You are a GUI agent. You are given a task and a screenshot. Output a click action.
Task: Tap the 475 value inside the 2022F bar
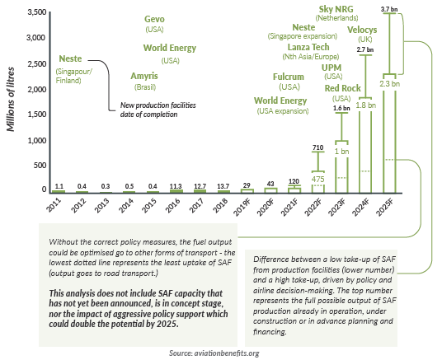(x=317, y=178)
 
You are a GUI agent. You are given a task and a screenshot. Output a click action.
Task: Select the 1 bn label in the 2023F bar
(x=341, y=129)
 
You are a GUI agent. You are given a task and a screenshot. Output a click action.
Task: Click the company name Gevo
(x=154, y=19)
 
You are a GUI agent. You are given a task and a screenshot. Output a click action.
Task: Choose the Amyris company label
(x=145, y=76)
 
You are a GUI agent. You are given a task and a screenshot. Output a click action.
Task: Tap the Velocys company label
(x=362, y=30)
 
